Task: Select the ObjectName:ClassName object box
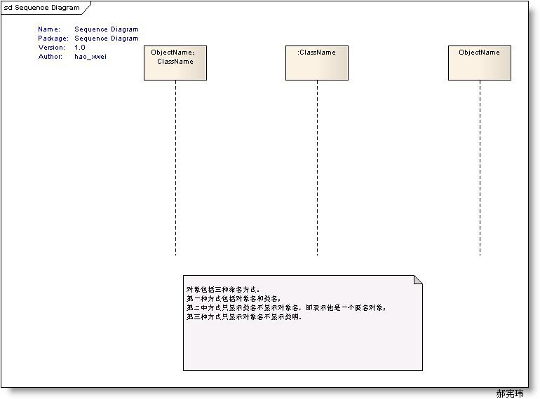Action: pyautogui.click(x=175, y=63)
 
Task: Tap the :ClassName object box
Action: pyautogui.click(x=317, y=63)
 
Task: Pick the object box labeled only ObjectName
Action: pyautogui.click(x=480, y=63)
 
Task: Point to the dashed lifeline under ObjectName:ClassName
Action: pyautogui.click(x=175, y=168)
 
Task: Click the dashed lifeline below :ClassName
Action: pyautogui.click(x=317, y=168)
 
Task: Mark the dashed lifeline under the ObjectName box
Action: pyautogui.click(x=480, y=168)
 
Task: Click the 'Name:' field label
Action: pyautogui.click(x=49, y=29)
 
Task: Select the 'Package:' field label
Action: pyautogui.click(x=53, y=38)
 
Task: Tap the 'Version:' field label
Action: pyautogui.click(x=52, y=48)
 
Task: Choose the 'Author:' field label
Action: pyautogui.click(x=50, y=57)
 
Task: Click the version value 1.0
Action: pyautogui.click(x=80, y=48)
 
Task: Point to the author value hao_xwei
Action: pyautogui.click(x=90, y=57)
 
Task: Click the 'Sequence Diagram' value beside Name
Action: pyautogui.click(x=107, y=29)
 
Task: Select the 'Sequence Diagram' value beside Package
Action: pyautogui.click(x=107, y=38)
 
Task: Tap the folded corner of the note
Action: pyautogui.click(x=419, y=279)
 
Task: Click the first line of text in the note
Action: pyautogui.click(x=222, y=289)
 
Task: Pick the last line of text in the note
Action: pyautogui.click(x=243, y=316)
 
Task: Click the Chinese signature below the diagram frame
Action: pyautogui.click(x=510, y=393)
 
